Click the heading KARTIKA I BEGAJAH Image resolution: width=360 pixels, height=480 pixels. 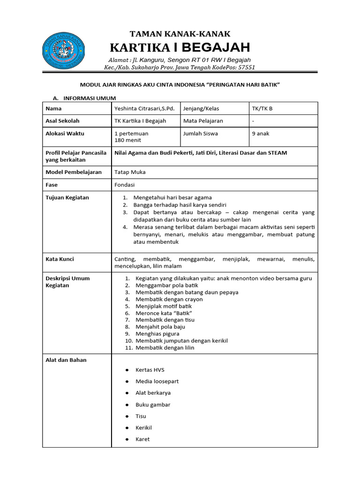coord(180,47)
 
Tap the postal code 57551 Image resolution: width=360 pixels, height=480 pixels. coord(247,67)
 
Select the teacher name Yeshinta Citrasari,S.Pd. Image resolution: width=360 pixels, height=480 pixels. coord(144,108)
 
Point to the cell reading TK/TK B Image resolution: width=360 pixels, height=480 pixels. coord(262,108)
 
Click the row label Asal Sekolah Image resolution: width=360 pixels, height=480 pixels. coord(62,121)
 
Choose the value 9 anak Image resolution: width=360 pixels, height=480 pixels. coord(261,134)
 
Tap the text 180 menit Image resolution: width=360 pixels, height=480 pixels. coord(127,140)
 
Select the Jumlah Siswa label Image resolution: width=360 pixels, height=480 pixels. coord(200,134)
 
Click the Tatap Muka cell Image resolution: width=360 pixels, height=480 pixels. coord(130,172)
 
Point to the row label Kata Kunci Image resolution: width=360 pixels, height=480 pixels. coord(60,259)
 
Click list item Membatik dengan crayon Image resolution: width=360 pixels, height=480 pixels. coord(169,299)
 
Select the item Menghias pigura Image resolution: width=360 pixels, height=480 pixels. coord(157,334)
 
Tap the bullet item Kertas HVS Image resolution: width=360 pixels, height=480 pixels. coord(150,370)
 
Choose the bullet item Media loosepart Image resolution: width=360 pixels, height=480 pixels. coord(157,382)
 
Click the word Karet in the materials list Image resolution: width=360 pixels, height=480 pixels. coord(142,439)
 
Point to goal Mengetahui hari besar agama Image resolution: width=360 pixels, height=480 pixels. coord(172,197)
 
